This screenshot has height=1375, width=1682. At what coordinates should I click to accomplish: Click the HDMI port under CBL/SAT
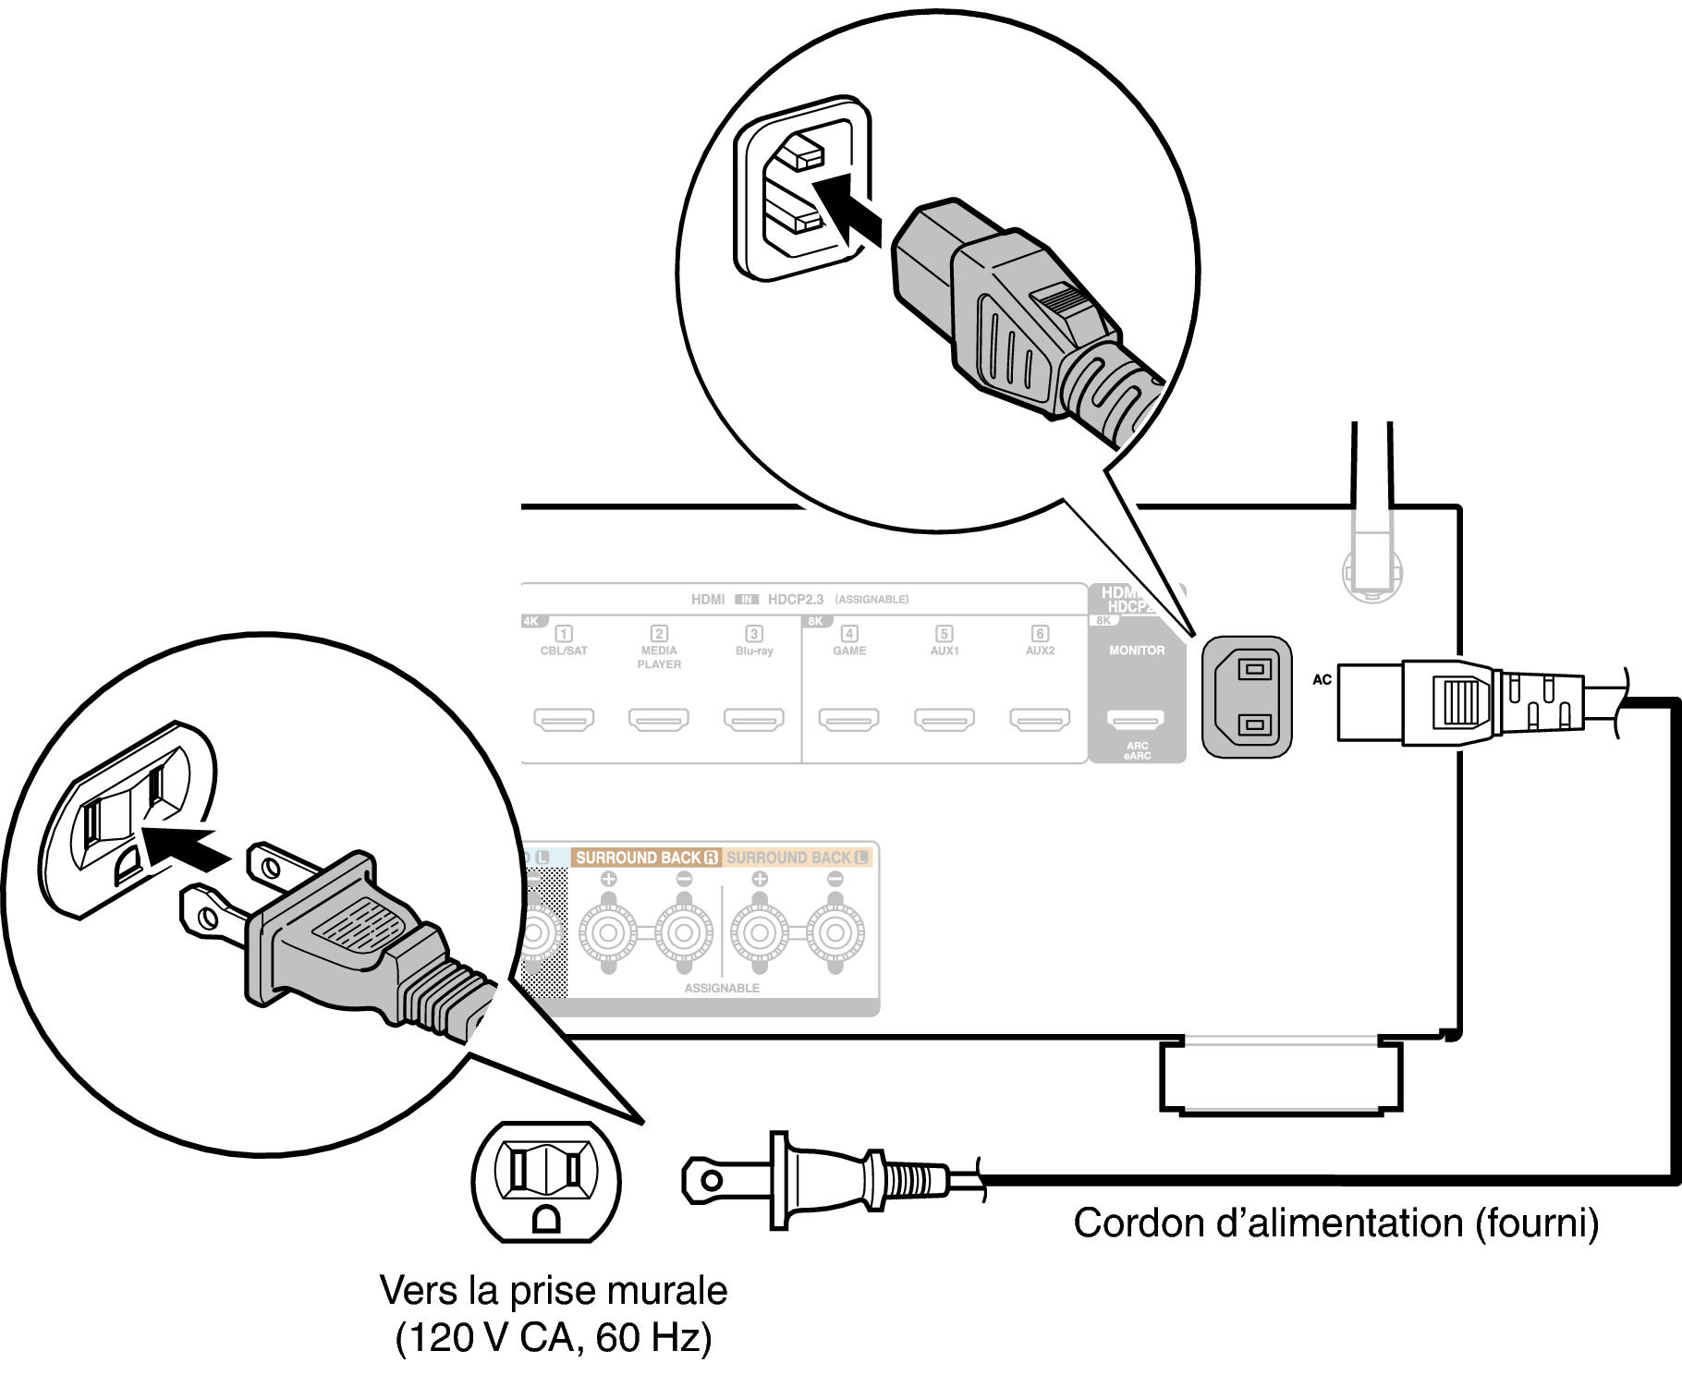point(564,719)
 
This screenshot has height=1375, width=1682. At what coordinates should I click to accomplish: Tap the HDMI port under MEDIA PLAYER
point(659,719)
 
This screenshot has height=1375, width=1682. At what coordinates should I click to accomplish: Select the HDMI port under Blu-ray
point(754,719)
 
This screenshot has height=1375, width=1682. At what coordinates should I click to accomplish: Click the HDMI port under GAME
point(849,719)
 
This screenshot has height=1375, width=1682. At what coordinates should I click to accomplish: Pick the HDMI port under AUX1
point(945,719)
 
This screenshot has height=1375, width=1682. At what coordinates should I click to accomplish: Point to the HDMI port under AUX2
point(1040,719)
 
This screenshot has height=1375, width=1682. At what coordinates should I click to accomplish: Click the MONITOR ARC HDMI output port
point(1137,719)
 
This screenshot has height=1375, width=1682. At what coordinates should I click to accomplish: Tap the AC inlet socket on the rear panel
point(1247,697)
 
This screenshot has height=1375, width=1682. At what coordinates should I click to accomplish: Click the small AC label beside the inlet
point(1322,680)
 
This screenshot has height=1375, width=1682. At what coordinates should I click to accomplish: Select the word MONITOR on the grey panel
point(1137,651)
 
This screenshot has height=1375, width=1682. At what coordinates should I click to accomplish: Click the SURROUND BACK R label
point(646,858)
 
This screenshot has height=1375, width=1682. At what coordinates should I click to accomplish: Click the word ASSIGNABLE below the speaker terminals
point(722,988)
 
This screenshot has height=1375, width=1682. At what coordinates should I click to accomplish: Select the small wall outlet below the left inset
point(546,1182)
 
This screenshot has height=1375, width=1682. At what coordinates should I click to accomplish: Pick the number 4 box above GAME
point(849,634)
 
